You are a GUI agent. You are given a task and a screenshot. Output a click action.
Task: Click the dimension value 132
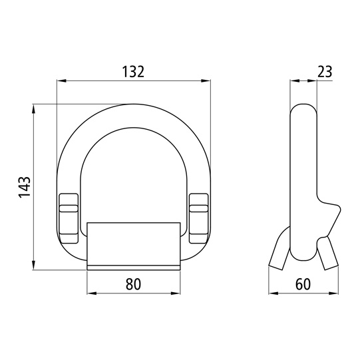click(133, 71)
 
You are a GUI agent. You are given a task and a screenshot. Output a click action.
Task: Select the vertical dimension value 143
click(25, 187)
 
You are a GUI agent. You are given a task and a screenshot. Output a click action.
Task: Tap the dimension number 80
click(133, 284)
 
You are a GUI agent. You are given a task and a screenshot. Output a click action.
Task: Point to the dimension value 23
click(325, 71)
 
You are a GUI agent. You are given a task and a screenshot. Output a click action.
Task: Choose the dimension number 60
click(303, 284)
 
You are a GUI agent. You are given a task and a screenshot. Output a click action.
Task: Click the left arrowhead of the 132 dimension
click(61, 81)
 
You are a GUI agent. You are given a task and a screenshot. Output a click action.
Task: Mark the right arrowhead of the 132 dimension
click(206, 81)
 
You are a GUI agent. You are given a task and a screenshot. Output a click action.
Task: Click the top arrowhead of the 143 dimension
click(34, 109)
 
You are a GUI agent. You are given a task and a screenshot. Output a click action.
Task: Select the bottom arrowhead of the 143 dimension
click(34, 265)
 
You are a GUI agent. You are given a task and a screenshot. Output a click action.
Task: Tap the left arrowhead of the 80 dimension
click(92, 293)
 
